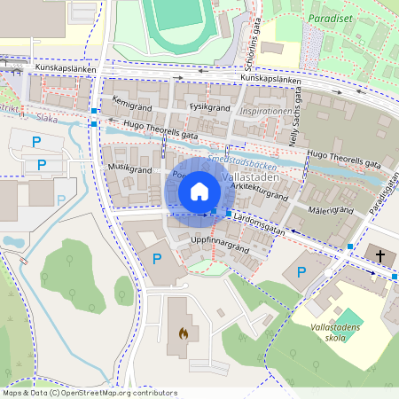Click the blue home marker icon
point(199,191)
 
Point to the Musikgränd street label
point(129,167)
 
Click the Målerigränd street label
point(331,210)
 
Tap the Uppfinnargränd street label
point(219,241)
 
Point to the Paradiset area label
point(326,18)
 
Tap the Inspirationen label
point(265,112)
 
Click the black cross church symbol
point(380,255)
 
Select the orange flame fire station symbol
point(183,334)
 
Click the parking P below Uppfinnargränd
point(157,259)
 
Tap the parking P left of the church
point(300,270)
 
